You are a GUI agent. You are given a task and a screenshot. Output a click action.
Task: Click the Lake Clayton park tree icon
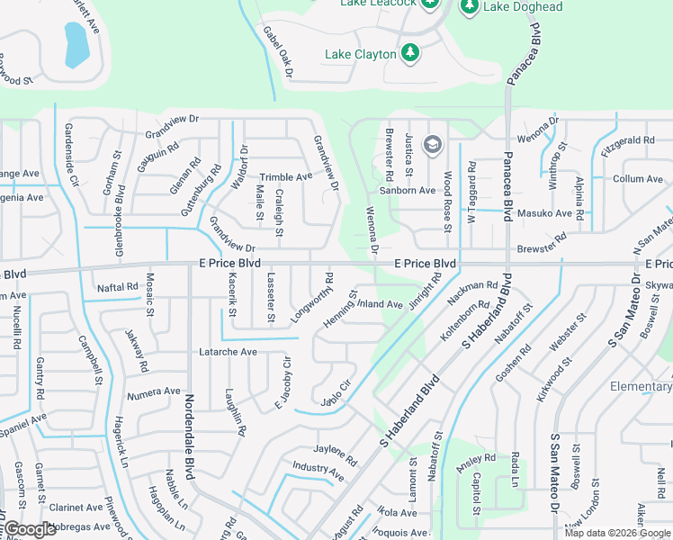tap(410, 53)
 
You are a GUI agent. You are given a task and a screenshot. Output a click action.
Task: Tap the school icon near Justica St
tap(433, 145)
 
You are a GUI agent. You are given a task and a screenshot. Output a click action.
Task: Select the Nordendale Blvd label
tap(190, 436)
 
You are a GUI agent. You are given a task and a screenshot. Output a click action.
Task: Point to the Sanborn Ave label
tap(408, 191)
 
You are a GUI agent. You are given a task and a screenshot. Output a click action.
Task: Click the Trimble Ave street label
tap(286, 177)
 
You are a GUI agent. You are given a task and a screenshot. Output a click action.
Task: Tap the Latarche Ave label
tap(228, 352)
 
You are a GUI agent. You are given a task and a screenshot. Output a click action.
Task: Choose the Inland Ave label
tap(381, 304)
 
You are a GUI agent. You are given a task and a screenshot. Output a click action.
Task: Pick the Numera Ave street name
tap(154, 392)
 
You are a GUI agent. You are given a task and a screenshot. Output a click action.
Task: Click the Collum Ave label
tap(638, 179)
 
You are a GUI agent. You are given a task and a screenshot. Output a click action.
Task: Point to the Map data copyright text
tap(616, 533)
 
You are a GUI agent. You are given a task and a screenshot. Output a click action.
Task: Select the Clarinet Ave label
tap(76, 508)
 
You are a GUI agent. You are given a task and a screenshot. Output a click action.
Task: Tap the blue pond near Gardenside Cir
tap(76, 44)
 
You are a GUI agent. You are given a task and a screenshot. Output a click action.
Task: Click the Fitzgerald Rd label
tap(627, 141)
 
